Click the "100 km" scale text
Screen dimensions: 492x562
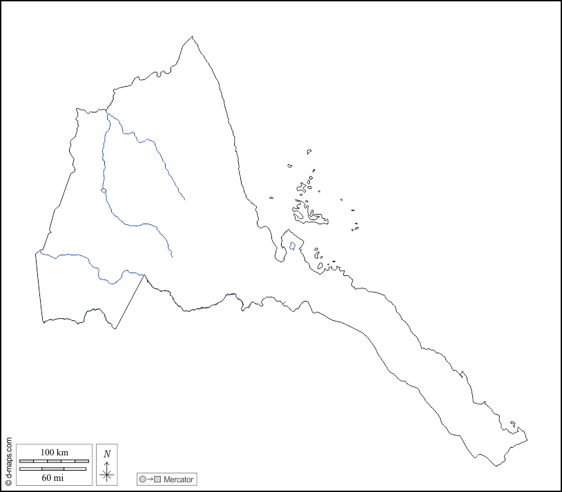pyautogui.click(x=54, y=452)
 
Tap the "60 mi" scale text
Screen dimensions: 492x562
pyautogui.click(x=54, y=477)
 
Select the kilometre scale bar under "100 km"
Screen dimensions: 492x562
pyautogui.click(x=54, y=460)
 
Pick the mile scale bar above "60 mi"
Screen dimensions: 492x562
pyautogui.click(x=53, y=469)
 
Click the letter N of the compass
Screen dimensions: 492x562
pyautogui.click(x=106, y=453)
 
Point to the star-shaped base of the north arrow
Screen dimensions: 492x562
pyautogui.click(x=106, y=474)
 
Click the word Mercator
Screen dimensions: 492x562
pyautogui.click(x=179, y=479)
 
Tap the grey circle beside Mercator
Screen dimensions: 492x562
pyautogui.click(x=142, y=479)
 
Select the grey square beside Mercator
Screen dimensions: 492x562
pyautogui.click(x=157, y=479)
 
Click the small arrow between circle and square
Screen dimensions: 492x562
pyautogui.click(x=150, y=479)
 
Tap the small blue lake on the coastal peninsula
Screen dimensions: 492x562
pyautogui.click(x=292, y=246)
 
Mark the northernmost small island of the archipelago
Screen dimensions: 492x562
pyautogui.click(x=309, y=151)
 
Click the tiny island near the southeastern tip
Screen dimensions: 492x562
pyautogui.click(x=512, y=424)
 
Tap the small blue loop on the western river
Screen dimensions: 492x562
pyautogui.click(x=103, y=190)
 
